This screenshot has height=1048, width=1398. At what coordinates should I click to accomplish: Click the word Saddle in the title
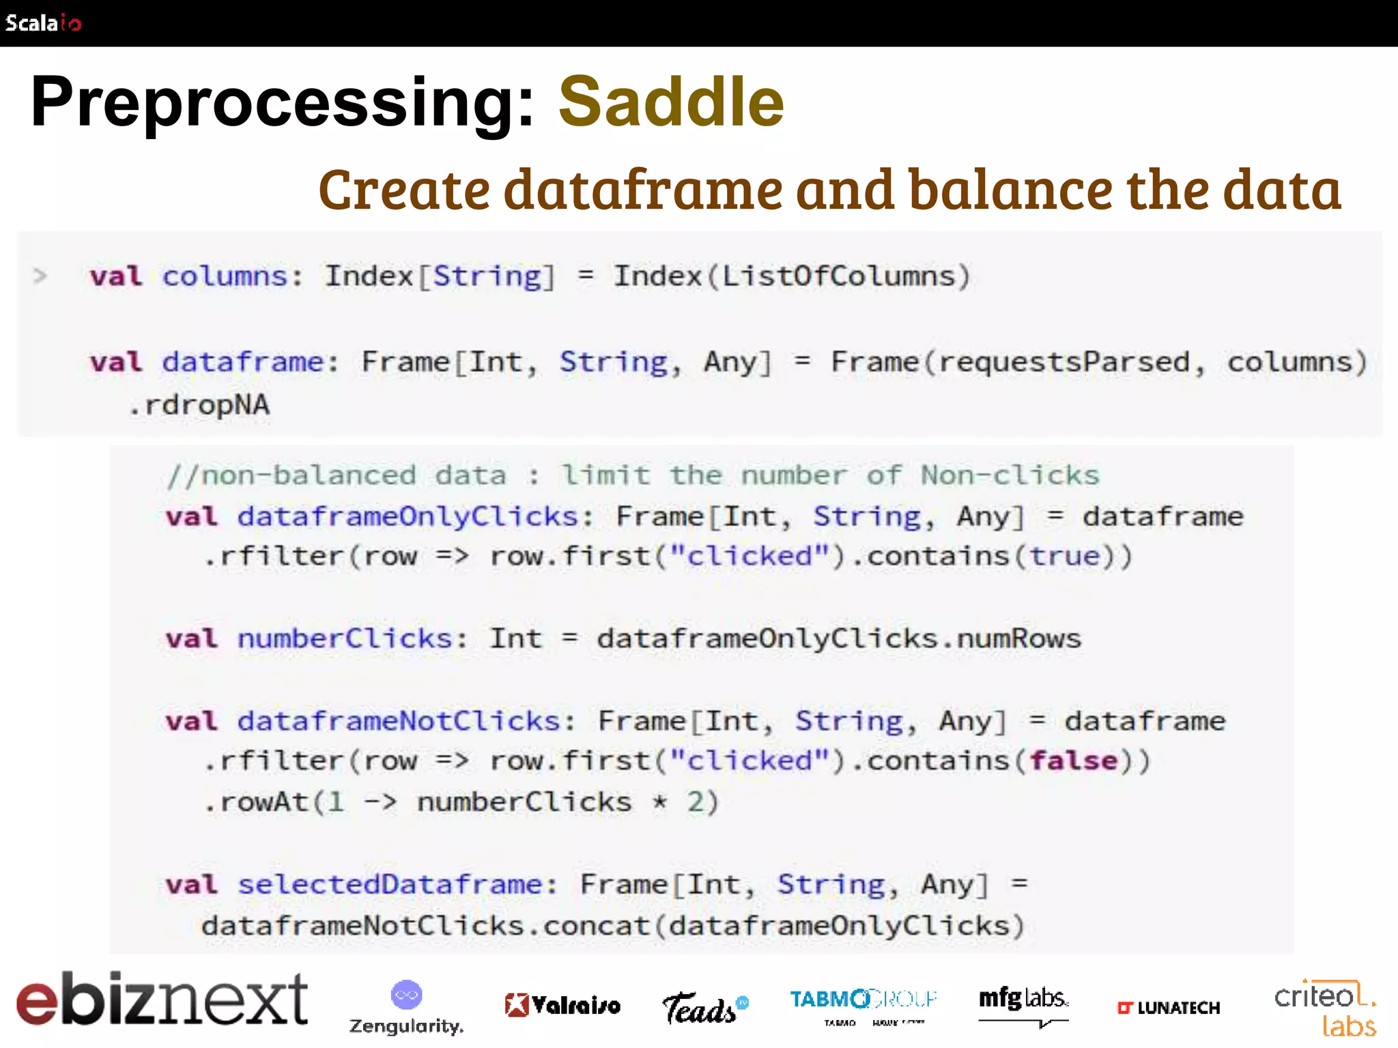click(671, 102)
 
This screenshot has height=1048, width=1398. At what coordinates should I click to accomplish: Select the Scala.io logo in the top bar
click(43, 23)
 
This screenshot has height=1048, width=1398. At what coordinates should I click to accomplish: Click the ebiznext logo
click(162, 999)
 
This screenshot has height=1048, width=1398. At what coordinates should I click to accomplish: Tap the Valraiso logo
click(562, 1005)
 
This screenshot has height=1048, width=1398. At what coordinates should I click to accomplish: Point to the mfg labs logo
click(1023, 1003)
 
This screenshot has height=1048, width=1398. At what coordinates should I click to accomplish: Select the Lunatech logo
click(1169, 1008)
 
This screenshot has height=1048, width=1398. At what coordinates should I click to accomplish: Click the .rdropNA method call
click(199, 405)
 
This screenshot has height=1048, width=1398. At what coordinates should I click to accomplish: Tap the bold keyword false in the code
click(1074, 761)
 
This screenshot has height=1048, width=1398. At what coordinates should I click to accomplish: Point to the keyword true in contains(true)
click(1065, 556)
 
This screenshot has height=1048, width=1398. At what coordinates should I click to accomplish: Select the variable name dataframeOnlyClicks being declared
click(408, 516)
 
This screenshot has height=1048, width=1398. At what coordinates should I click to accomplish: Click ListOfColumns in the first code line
click(838, 276)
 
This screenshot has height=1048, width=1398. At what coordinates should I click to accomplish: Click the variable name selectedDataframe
click(390, 884)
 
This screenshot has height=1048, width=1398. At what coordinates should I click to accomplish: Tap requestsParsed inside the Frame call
click(1064, 362)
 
